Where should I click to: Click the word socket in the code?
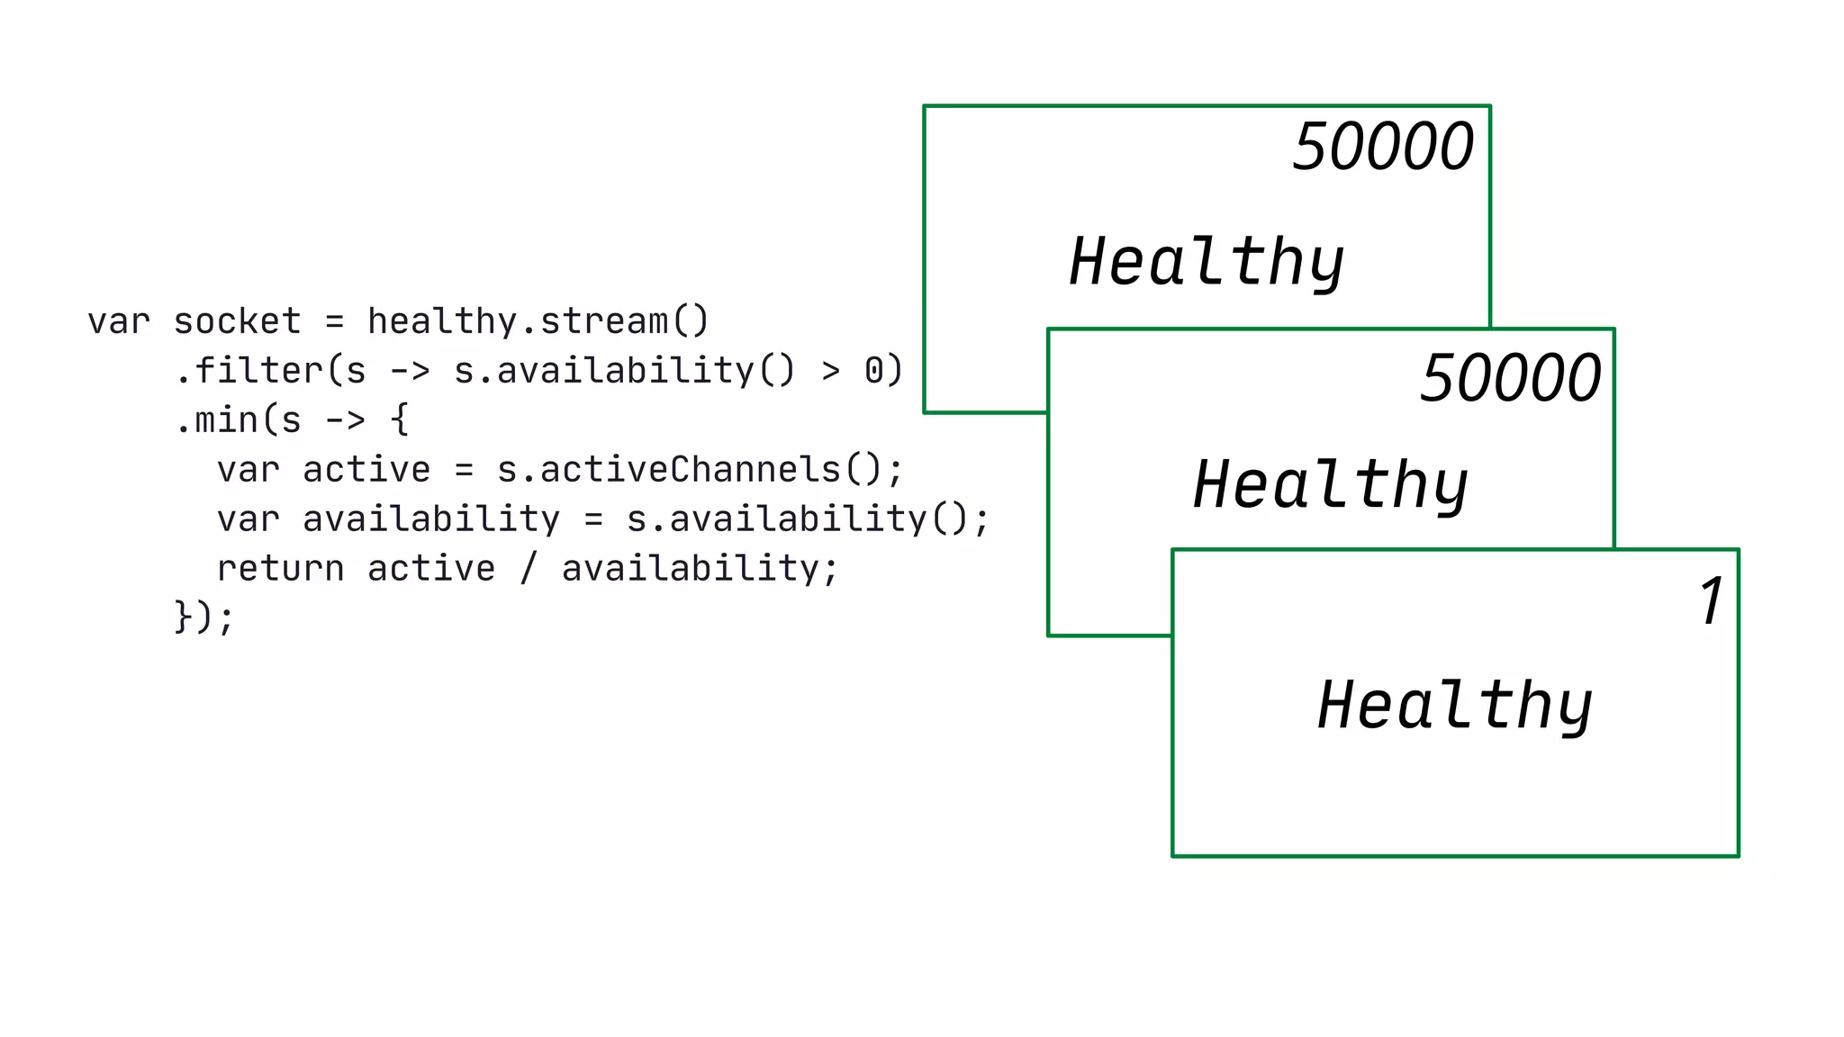point(237,321)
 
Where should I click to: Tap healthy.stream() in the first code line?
point(538,321)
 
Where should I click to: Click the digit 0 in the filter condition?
point(873,371)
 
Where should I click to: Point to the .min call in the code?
point(216,420)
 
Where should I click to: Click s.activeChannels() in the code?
point(689,470)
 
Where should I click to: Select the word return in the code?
point(280,569)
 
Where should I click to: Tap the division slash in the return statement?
point(529,569)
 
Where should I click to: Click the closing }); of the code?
point(204,618)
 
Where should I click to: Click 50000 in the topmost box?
point(1382,147)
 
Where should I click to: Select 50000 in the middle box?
point(1510,378)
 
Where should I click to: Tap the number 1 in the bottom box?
point(1711,600)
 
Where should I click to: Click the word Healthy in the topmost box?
point(1207,262)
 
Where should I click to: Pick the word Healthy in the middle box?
point(1331,484)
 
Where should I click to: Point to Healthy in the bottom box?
point(1455,705)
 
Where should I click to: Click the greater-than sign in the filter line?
point(830,371)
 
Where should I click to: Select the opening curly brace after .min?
point(399,420)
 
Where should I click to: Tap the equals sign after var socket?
point(334,321)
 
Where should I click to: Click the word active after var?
point(366,470)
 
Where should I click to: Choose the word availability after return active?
point(691,569)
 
